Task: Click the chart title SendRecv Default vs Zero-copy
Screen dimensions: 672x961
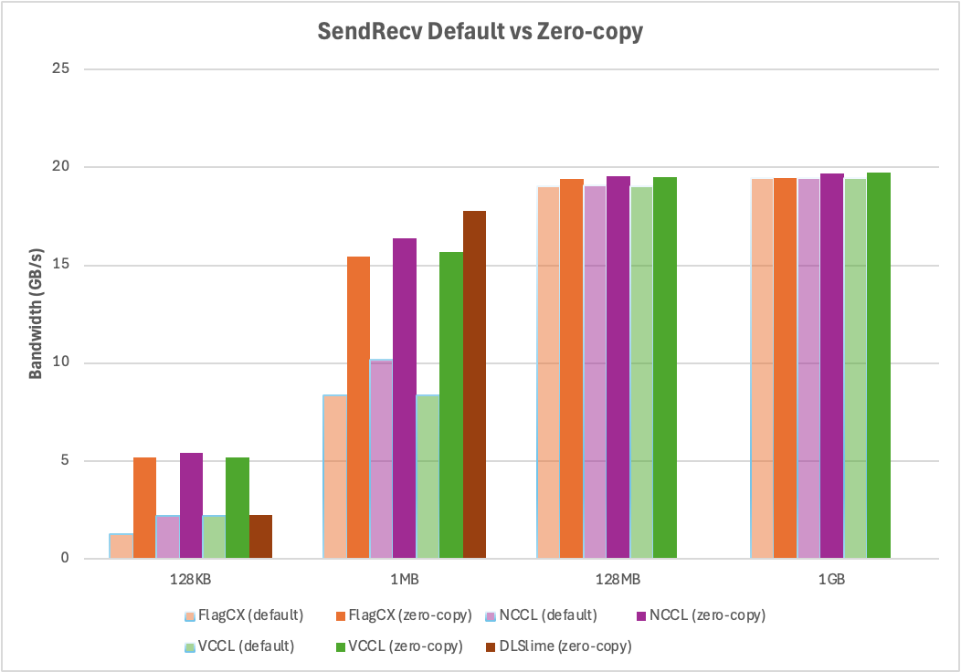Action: click(480, 32)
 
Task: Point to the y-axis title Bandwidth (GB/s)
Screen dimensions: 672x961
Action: click(36, 312)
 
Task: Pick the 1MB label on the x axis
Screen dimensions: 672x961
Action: click(404, 580)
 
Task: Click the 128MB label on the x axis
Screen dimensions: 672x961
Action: click(618, 580)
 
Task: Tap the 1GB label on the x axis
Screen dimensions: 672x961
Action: click(831, 580)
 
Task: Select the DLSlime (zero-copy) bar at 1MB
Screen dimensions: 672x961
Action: click(475, 384)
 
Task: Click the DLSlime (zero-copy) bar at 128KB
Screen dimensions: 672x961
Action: click(260, 537)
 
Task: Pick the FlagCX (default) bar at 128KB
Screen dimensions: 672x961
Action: click(121, 546)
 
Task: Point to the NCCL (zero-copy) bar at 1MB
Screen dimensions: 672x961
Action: click(405, 398)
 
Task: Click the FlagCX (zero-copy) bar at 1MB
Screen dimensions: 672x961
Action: click(358, 407)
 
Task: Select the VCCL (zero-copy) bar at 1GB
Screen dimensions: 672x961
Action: click(879, 365)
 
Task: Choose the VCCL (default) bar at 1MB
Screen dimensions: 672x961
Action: click(428, 476)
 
